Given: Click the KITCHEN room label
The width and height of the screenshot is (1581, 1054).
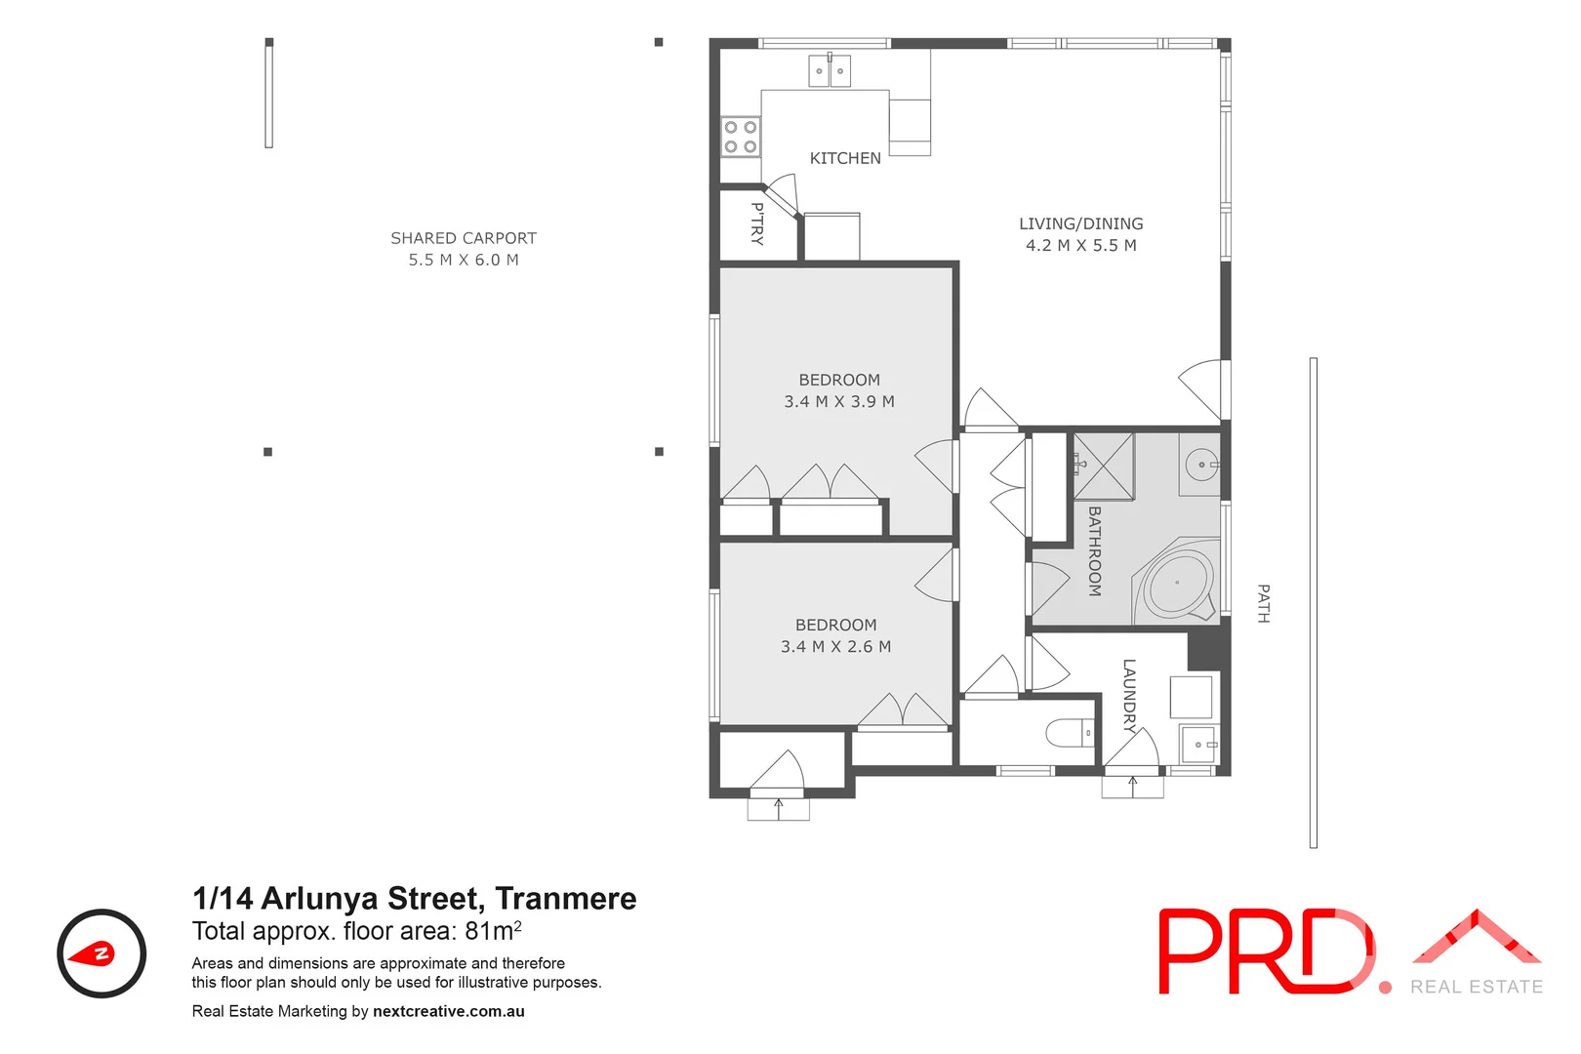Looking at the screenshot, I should click(845, 158).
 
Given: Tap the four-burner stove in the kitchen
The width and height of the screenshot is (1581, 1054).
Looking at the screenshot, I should click(740, 137).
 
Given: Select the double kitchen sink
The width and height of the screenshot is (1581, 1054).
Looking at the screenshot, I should click(830, 70).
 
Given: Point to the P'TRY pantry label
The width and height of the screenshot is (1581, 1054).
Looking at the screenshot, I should click(757, 223).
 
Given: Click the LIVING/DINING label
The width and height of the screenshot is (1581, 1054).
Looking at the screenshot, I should click(1080, 223).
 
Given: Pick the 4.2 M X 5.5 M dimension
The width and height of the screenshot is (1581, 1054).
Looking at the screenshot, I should click(1080, 246).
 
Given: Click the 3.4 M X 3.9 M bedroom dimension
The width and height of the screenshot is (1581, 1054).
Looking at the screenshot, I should click(838, 401).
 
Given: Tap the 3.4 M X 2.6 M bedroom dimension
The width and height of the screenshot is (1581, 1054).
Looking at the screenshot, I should click(835, 646).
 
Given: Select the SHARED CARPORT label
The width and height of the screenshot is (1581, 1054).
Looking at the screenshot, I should click(464, 238).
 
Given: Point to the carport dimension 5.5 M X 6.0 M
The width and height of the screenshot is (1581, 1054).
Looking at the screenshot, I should click(464, 260).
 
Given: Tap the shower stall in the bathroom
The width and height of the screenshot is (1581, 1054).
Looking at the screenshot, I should click(1104, 466).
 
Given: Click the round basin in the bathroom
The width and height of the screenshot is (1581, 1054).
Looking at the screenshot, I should click(1200, 465).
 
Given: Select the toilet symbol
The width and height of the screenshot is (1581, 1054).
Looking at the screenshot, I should click(1072, 732).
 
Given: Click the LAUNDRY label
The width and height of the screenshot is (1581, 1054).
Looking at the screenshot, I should click(1129, 695).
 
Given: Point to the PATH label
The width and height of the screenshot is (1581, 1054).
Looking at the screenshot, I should click(1263, 603).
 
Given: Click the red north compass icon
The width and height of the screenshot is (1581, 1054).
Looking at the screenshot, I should click(101, 953).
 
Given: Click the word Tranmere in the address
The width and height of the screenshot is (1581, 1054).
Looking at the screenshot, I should click(565, 898).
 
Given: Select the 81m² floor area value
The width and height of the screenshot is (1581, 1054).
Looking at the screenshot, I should click(493, 931).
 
